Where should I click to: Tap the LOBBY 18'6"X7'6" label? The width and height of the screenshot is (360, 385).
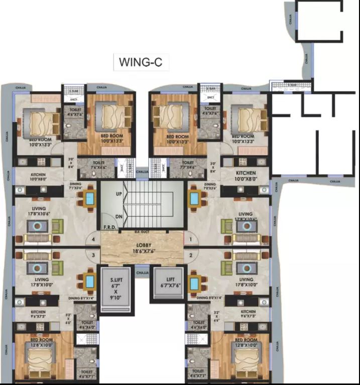(135, 246)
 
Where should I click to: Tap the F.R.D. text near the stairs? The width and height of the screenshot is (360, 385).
(109, 228)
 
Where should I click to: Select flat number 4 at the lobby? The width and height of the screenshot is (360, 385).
(93, 239)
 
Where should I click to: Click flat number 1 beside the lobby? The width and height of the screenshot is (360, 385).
(191, 239)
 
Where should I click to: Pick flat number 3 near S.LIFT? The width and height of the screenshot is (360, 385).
(93, 255)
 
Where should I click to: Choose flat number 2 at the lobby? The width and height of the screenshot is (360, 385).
(191, 255)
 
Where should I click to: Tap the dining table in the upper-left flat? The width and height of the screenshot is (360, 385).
(89, 198)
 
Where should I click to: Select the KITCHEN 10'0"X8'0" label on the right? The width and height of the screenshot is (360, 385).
(246, 175)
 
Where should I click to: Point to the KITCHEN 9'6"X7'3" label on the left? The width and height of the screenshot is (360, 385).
(38, 315)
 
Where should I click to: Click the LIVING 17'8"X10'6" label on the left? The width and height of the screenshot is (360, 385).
(39, 211)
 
